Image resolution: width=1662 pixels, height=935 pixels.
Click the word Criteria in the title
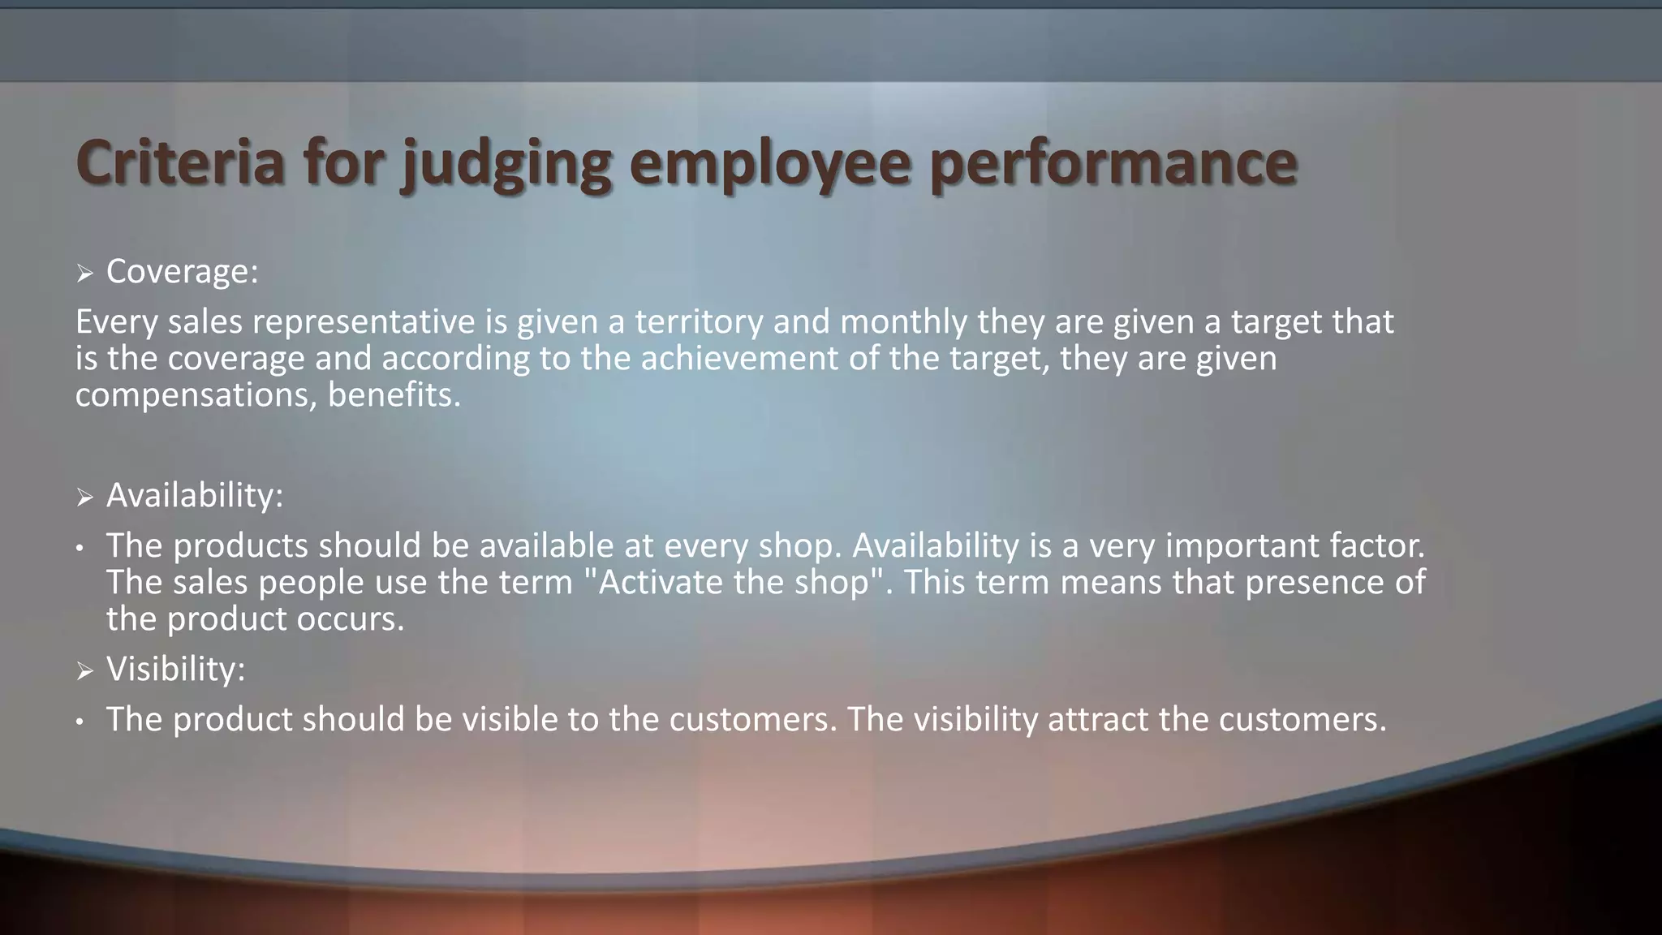click(180, 162)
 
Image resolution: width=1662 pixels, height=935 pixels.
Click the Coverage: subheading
click(182, 271)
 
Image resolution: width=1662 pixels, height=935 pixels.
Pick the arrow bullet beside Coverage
click(85, 274)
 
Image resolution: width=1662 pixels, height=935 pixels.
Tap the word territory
click(698, 322)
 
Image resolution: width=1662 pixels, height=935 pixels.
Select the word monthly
click(903, 322)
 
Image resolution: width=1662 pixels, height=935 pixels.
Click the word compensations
click(196, 395)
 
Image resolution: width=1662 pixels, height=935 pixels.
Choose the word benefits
click(394, 395)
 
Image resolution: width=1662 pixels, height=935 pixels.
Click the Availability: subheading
click(195, 495)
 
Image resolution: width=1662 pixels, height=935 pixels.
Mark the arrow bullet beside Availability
click(85, 497)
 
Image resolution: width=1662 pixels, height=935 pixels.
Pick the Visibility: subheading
click(175, 670)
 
